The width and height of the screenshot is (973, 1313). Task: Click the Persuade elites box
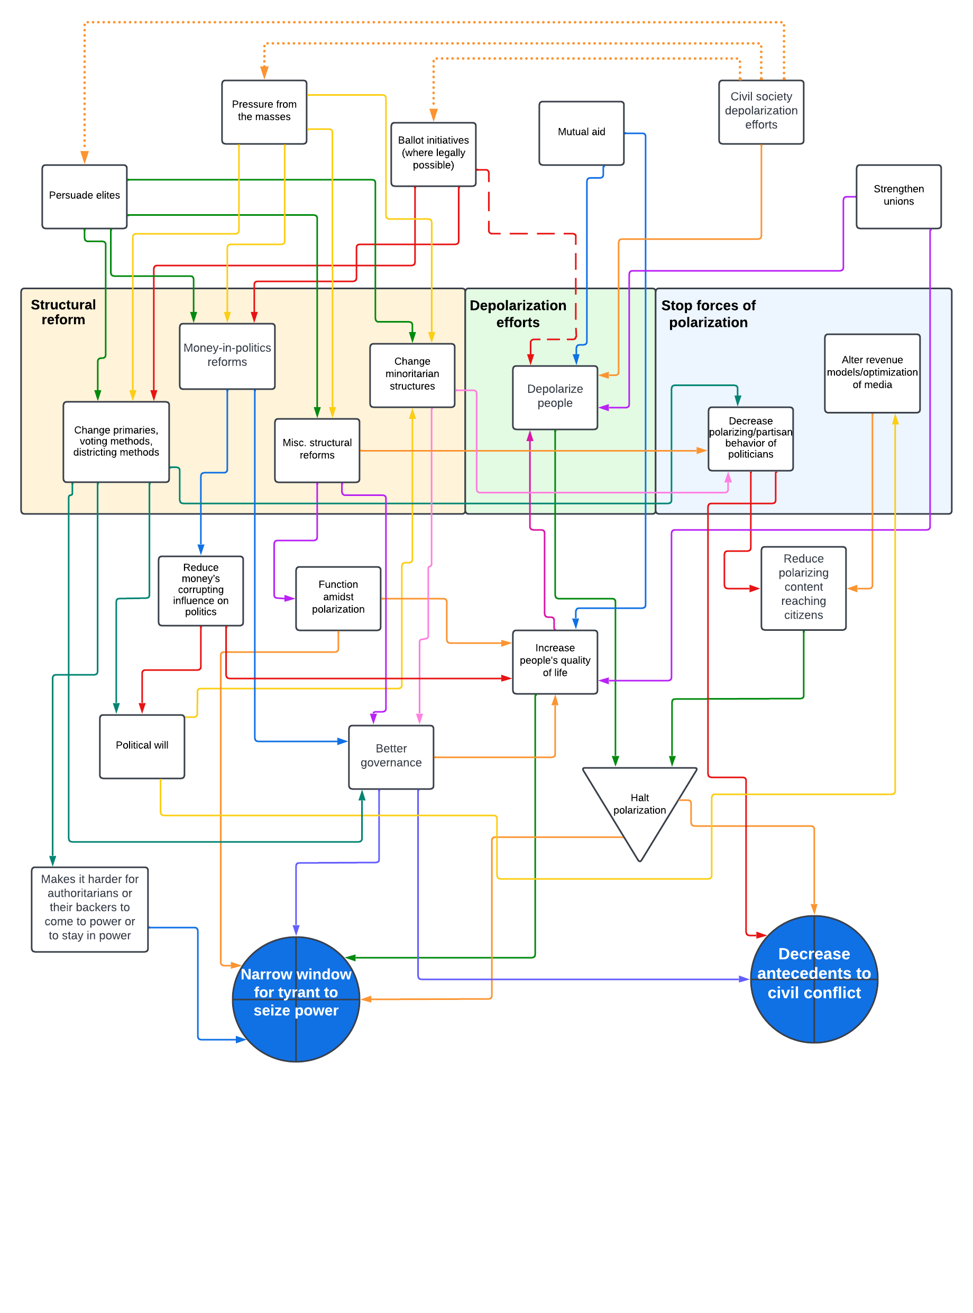click(84, 196)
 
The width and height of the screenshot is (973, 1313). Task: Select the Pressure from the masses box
click(264, 112)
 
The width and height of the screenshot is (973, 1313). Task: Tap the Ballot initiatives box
click(433, 154)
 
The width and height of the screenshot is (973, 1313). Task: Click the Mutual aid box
click(581, 133)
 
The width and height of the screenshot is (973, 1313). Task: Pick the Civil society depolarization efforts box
click(760, 112)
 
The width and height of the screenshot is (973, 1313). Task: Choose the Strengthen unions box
click(898, 196)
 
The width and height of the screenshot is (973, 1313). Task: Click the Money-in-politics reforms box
click(227, 356)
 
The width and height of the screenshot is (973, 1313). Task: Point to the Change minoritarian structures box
click(412, 374)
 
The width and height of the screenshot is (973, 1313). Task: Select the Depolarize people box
click(554, 397)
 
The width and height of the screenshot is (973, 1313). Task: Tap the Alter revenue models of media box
click(871, 373)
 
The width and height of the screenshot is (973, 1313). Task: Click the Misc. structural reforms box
click(317, 450)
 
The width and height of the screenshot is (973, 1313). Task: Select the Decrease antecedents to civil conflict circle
click(813, 978)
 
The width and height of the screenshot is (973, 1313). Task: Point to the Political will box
click(142, 746)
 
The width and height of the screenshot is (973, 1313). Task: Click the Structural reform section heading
click(63, 312)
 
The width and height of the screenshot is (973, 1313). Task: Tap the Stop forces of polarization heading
click(708, 314)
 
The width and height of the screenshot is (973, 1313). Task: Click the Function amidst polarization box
click(337, 598)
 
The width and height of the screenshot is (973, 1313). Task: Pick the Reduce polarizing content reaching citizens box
click(803, 587)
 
